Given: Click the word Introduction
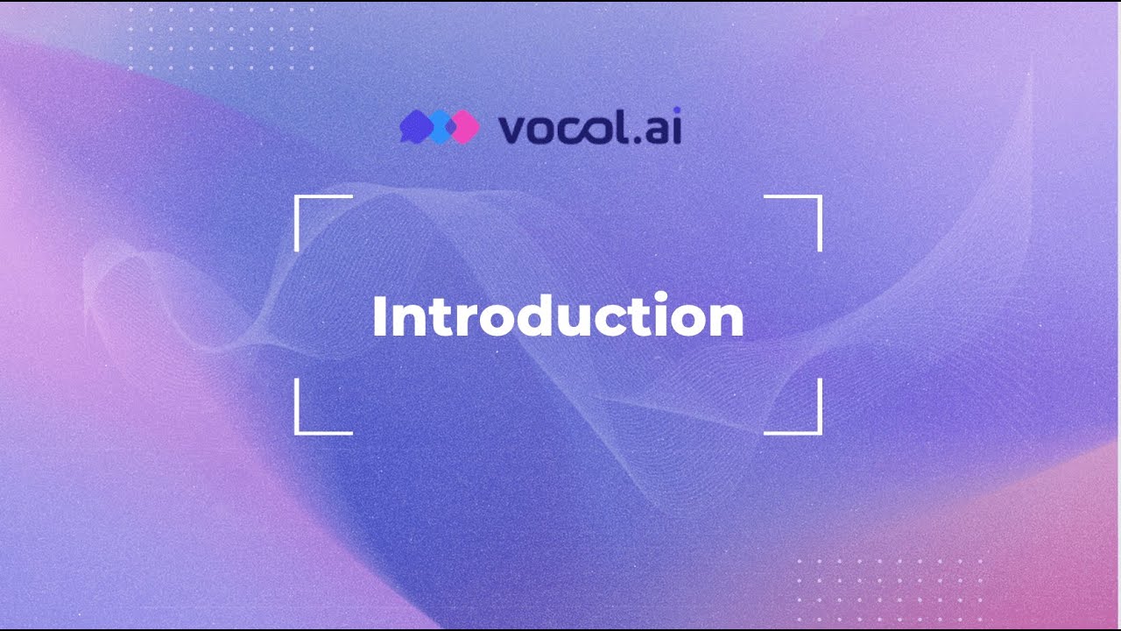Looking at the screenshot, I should pyautogui.click(x=558, y=316).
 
